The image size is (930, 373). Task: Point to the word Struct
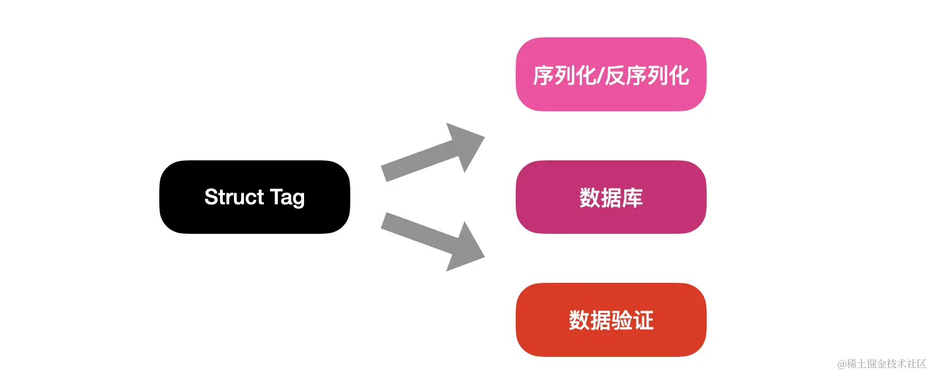coord(234,197)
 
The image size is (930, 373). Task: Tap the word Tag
coord(287,198)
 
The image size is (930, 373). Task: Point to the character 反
coord(615,76)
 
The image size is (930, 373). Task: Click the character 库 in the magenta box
coord(633,198)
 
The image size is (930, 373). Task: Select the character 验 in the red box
coord(621,321)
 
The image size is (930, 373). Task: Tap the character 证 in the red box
coord(643,321)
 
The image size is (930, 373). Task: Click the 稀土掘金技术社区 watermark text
coord(887,364)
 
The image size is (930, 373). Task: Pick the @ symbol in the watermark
coord(842,364)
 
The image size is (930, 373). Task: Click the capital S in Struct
coord(211,197)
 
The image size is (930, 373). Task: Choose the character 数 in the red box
coord(579,321)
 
